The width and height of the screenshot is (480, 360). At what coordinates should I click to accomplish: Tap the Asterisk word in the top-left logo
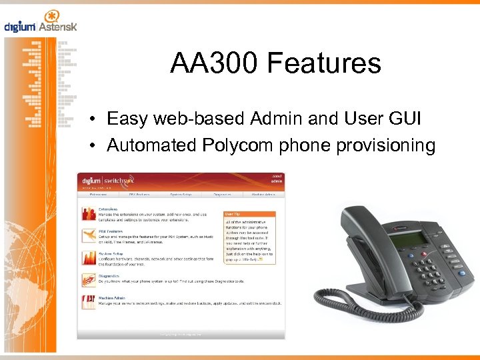pyautogui.click(x=58, y=27)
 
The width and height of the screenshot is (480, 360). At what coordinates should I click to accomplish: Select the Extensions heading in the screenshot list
pyautogui.click(x=109, y=209)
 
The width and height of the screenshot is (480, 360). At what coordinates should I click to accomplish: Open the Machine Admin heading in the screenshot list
pyautogui.click(x=113, y=298)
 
